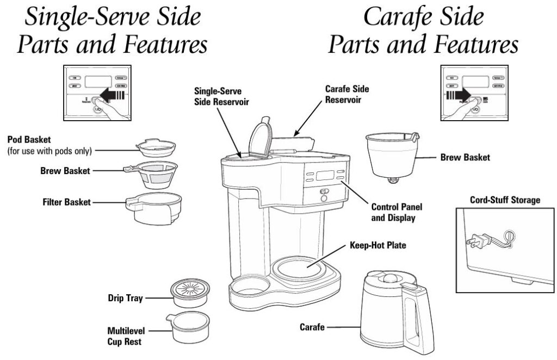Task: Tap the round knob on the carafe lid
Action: [389, 278]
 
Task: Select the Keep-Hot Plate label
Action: [377, 245]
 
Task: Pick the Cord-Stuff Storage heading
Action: [505, 200]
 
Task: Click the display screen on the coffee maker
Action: [325, 176]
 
